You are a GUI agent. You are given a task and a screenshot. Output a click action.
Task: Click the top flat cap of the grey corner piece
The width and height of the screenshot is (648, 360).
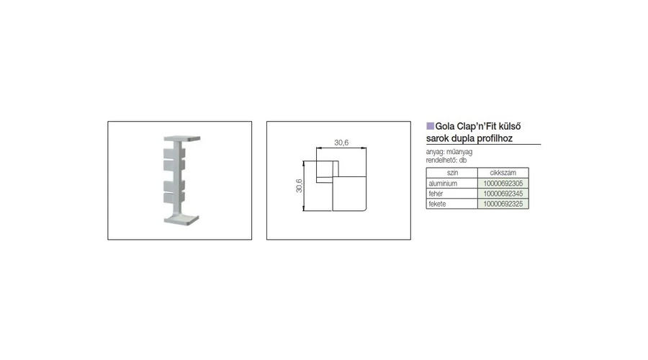pyautogui.click(x=182, y=138)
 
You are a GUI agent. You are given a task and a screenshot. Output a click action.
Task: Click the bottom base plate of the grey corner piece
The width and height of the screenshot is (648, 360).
pyautogui.click(x=181, y=220)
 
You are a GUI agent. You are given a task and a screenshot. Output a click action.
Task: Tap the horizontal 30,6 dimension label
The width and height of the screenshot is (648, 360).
pyautogui.click(x=341, y=143)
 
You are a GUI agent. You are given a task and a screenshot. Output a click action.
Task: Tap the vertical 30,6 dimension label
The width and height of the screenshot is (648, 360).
pyautogui.click(x=299, y=186)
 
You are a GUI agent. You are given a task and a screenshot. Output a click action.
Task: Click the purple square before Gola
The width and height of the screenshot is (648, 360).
pyautogui.click(x=431, y=126)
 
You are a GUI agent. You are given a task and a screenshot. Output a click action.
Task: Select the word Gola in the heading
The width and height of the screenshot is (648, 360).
pyautogui.click(x=445, y=127)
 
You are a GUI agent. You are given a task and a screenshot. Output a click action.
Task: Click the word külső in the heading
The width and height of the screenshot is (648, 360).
pyautogui.click(x=510, y=127)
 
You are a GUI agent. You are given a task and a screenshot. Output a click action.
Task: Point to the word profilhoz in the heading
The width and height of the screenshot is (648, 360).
pyautogui.click(x=493, y=138)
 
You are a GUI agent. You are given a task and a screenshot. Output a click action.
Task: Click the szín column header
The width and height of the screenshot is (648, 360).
pyautogui.click(x=452, y=173)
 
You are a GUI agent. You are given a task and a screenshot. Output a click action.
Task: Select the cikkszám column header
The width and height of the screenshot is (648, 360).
pyautogui.click(x=503, y=173)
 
